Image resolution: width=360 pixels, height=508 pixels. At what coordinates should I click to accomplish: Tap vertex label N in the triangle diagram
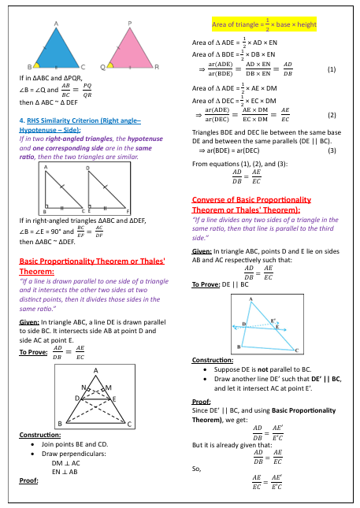[85, 387]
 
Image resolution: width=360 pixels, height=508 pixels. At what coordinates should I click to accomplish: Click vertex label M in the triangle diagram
[108, 387]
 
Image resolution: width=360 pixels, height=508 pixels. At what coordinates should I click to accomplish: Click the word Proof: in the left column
[28, 480]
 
